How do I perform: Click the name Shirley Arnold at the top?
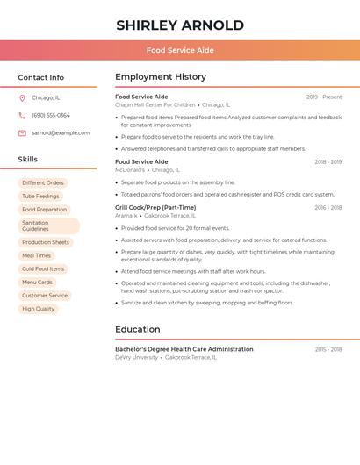(180, 25)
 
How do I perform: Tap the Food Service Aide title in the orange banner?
(180, 50)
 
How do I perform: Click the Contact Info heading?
(41, 77)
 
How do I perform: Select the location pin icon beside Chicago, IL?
(22, 98)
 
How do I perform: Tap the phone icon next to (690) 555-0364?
(22, 116)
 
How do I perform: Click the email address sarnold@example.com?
(61, 133)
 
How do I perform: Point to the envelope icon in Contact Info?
(22, 133)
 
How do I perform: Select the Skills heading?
(28, 160)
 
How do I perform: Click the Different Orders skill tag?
(43, 183)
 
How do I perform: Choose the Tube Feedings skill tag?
(40, 197)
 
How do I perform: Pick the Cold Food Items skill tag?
(43, 269)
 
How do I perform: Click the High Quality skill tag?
(39, 309)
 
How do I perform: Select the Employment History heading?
(161, 77)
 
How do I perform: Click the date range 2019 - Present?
(324, 97)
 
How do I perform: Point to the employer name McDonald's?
(130, 170)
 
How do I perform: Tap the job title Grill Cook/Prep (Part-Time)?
(155, 208)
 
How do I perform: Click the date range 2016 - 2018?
(328, 208)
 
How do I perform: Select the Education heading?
(138, 330)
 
